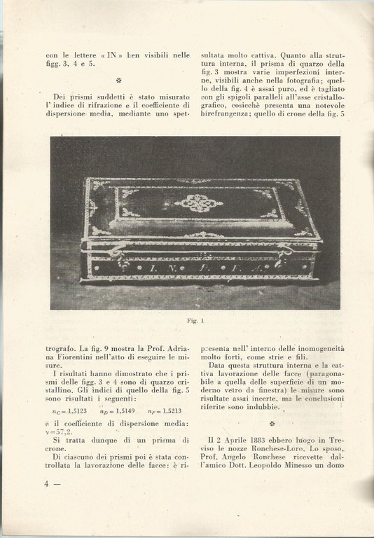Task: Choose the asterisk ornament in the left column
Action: pos(118,81)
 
